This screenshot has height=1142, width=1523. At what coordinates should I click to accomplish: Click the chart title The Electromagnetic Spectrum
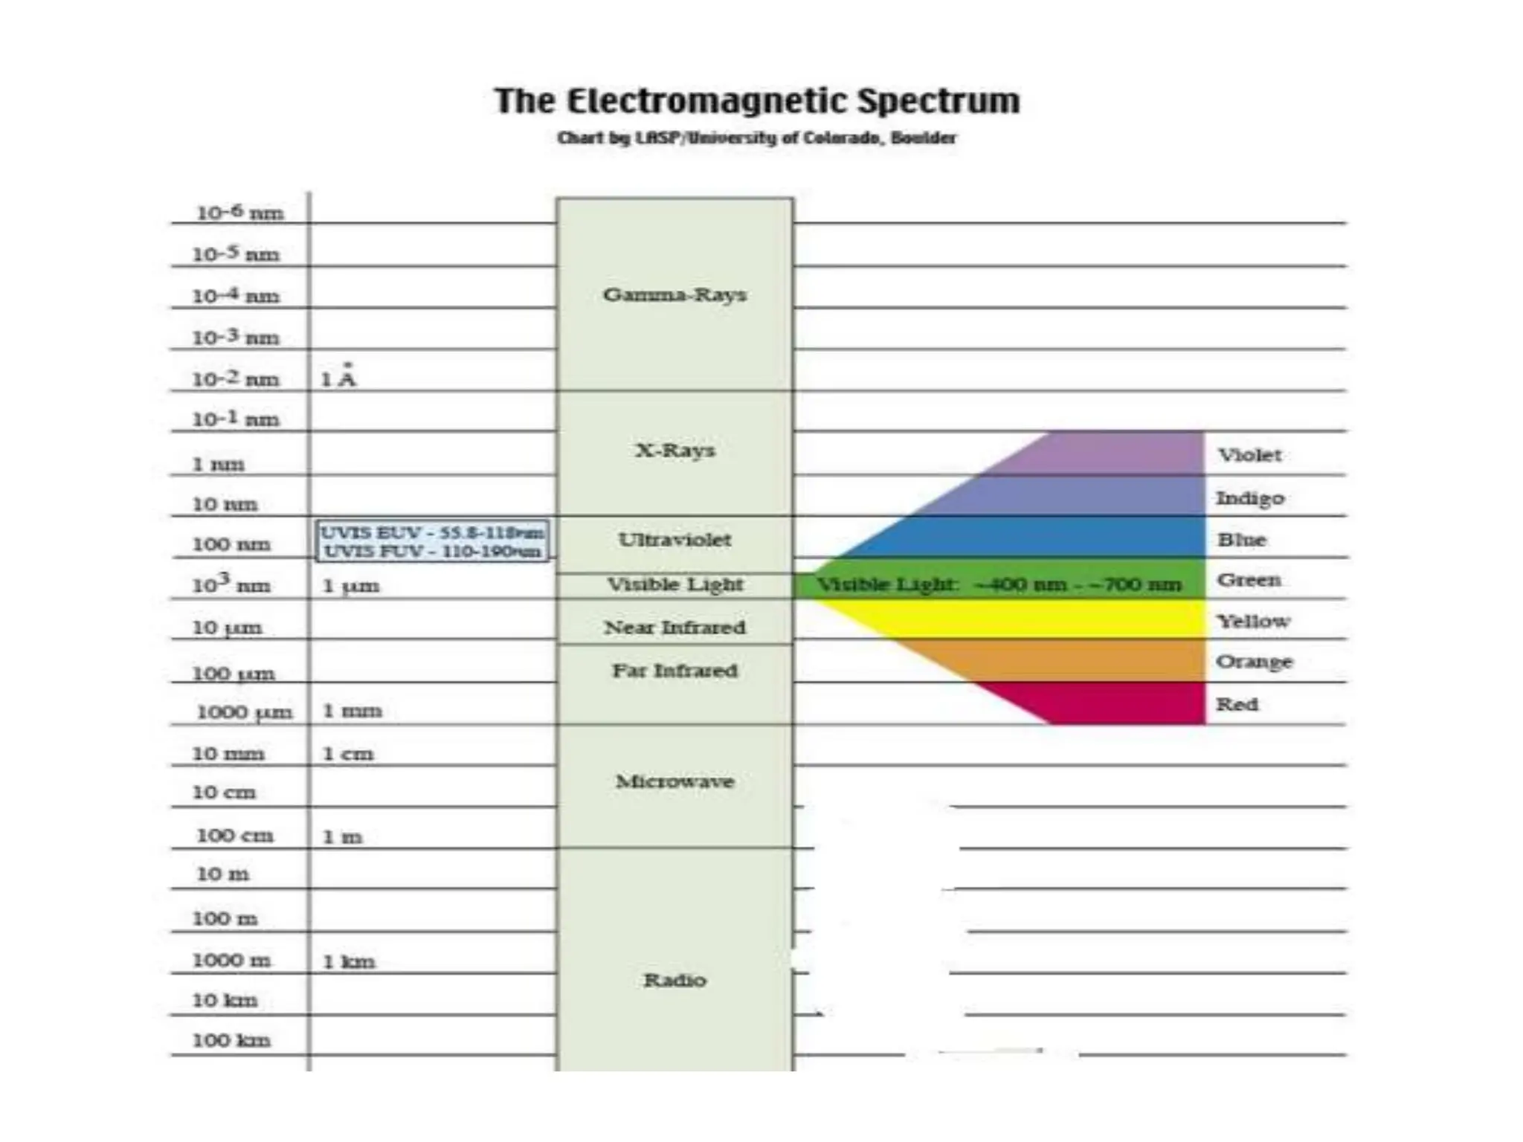click(x=757, y=102)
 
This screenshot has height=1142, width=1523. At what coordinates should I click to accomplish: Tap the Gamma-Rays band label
click(x=674, y=295)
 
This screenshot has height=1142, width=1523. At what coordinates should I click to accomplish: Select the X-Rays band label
click(x=674, y=451)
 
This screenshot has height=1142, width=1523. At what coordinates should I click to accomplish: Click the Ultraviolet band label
click(x=674, y=540)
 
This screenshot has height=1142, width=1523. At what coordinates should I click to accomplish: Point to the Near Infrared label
click(x=674, y=628)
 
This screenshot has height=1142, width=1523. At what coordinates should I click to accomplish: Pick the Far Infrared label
click(x=674, y=671)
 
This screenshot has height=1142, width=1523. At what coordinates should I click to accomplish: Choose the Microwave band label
click(x=674, y=781)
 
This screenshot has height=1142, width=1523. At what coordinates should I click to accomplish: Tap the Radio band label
click(x=674, y=980)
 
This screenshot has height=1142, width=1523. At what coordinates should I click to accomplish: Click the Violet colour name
click(x=1249, y=455)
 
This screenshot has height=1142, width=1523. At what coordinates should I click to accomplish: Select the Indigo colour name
click(x=1249, y=498)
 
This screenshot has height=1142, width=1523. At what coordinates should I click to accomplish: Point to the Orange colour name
click(x=1254, y=662)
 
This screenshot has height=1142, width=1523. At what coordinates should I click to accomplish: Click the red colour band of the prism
click(x=1115, y=703)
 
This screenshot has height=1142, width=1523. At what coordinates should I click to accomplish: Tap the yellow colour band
click(x=1041, y=619)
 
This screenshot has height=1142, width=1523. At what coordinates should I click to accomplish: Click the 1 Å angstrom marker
click(x=338, y=378)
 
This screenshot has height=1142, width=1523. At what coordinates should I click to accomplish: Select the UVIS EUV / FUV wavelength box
click(x=432, y=541)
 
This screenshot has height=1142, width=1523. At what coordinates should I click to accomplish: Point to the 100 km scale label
click(x=231, y=1040)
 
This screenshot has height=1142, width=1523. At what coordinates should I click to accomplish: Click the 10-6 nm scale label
click(x=239, y=213)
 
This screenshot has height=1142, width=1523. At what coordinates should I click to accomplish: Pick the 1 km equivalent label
click(x=348, y=961)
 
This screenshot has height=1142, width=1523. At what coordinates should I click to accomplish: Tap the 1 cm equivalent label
click(x=347, y=754)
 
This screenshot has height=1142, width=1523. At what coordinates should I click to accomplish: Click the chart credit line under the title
click(x=757, y=138)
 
